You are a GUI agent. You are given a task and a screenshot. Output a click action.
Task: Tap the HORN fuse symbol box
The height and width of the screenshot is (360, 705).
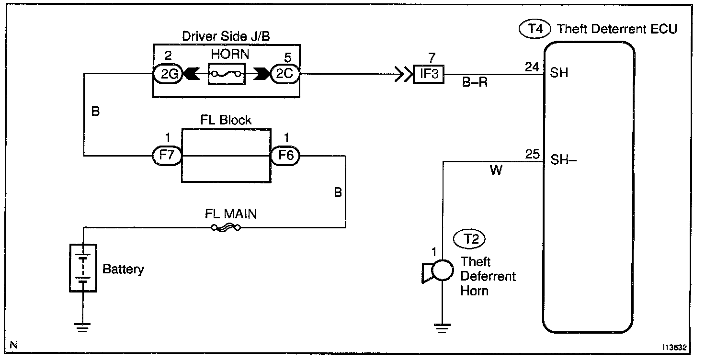tap(227, 74)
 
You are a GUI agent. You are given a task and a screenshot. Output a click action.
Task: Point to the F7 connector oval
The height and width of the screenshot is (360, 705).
tap(165, 156)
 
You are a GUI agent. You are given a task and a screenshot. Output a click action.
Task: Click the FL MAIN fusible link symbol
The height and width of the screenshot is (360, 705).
tap(226, 228)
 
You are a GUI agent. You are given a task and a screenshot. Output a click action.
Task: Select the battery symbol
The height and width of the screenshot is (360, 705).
tap(83, 268)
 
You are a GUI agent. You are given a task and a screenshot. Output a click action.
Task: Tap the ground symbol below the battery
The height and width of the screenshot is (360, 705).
tap(83, 327)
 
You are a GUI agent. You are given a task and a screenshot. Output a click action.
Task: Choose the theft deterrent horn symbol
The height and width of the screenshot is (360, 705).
tap(437, 271)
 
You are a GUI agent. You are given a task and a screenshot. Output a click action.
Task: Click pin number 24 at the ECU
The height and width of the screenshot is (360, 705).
tap(532, 67)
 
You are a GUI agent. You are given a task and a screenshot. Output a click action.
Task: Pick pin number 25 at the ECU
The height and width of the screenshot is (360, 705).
tap(532, 154)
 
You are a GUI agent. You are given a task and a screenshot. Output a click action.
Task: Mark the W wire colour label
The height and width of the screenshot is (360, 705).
tap(496, 170)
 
